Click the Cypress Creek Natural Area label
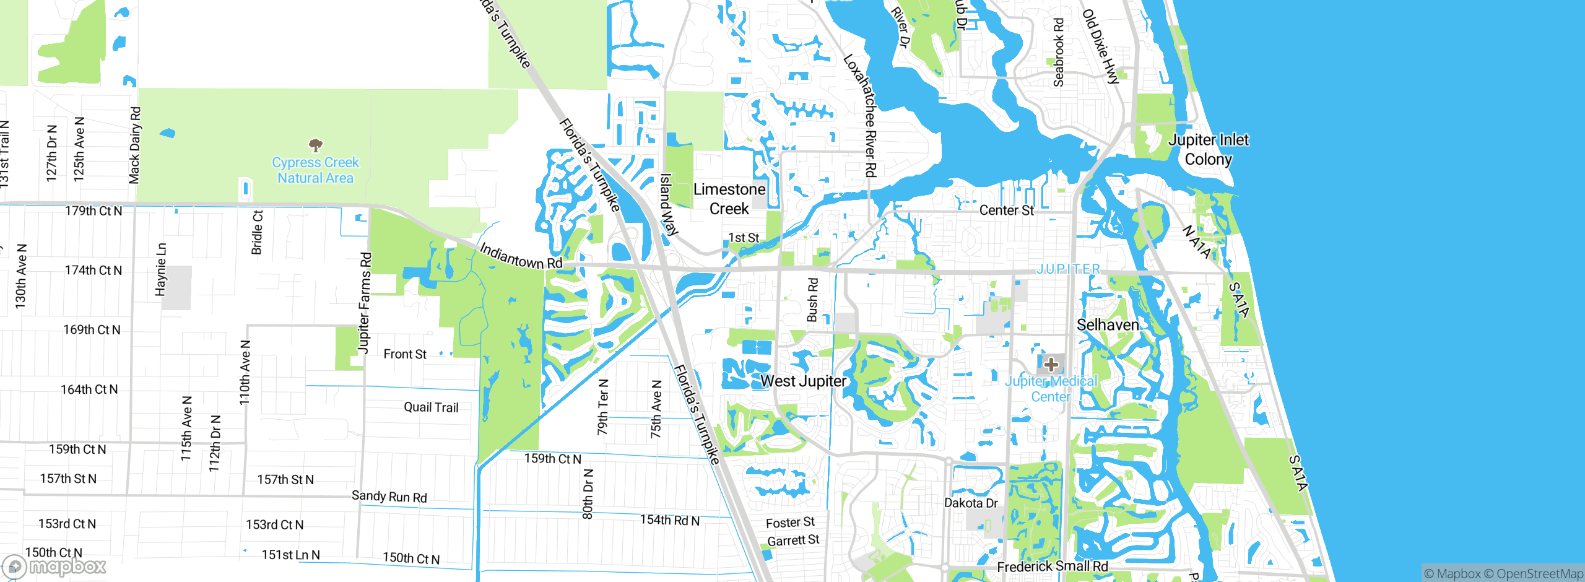point(315,170)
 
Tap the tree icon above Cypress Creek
point(316,145)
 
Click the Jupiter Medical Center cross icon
point(1051,364)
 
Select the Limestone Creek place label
point(729,199)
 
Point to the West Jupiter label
point(803,381)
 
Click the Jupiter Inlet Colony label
point(1208,149)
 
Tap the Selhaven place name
point(1108,325)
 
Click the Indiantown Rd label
point(521,256)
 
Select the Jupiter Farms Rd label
point(365,303)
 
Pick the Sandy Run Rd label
point(389,497)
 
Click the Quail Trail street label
point(431,407)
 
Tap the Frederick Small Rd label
point(1052,567)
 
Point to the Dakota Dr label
point(971,503)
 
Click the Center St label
point(1006,211)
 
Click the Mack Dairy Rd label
point(135,145)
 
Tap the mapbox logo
point(54,566)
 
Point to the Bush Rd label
point(812,300)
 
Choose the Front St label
point(405,354)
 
